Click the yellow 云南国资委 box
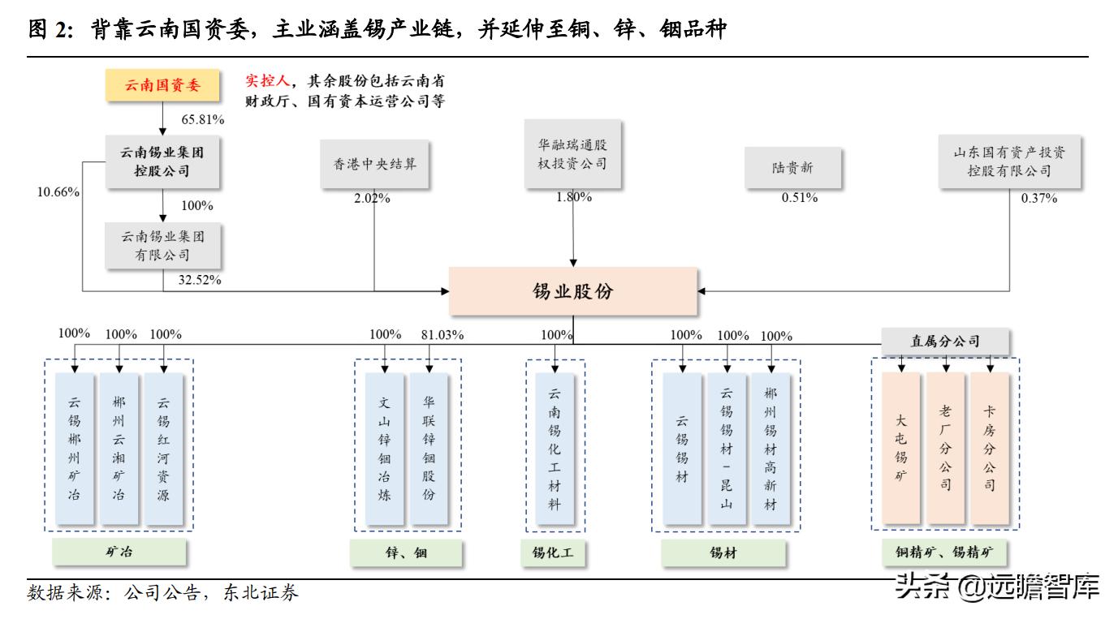pos(162,84)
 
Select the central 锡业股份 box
pos(572,291)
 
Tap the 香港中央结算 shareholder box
pos(373,165)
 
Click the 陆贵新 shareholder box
pos(792,168)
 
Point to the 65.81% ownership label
pos(203,119)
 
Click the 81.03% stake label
pos(442,335)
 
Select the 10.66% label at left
pos(58,192)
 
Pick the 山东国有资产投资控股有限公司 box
pos(1009,161)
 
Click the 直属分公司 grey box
pos(945,342)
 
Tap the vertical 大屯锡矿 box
pos(901,449)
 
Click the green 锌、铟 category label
pos(406,553)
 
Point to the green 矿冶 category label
pos(119,552)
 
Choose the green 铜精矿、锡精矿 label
pos(944,553)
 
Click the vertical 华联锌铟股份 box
pos(429,449)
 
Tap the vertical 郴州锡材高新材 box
pos(771,449)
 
